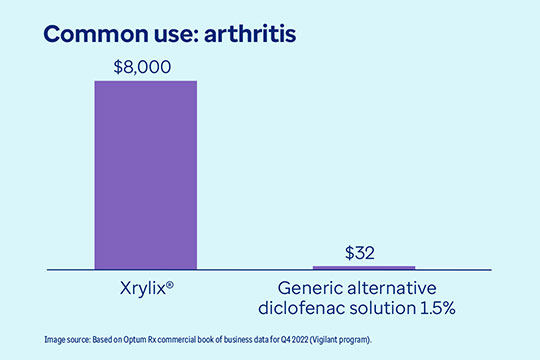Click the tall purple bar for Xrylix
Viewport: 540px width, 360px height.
pos(146,174)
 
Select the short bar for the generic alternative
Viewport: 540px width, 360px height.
pos(364,267)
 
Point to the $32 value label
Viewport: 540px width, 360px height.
pos(364,252)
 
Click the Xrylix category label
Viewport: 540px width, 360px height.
pos(142,286)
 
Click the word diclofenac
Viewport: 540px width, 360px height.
pos(306,307)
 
